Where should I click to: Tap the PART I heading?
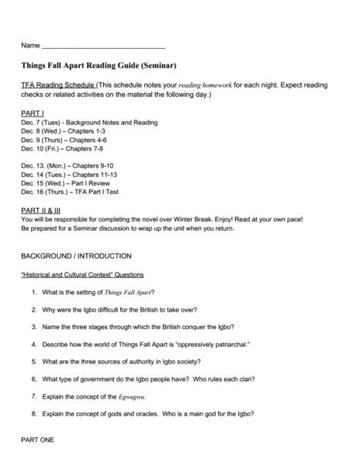point(33,113)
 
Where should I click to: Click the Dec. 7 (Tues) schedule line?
point(89,122)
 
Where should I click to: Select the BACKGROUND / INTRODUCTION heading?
point(76,256)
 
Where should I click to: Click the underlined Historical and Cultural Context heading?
point(81,274)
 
